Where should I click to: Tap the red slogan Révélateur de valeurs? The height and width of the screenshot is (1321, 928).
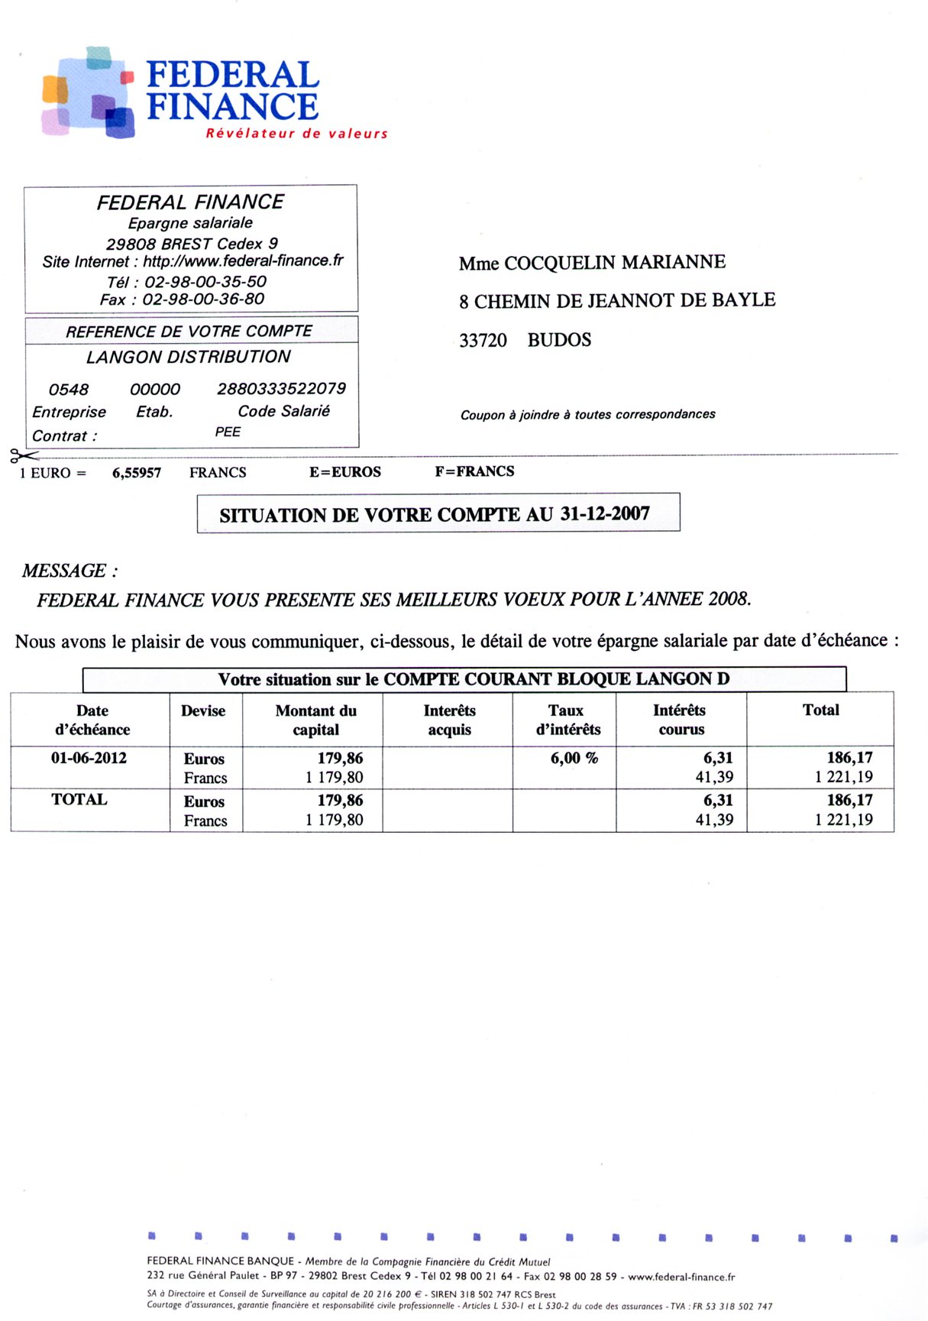(296, 134)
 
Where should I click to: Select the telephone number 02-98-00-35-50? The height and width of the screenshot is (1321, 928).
(205, 281)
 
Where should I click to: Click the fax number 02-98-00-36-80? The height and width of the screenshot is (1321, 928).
(203, 299)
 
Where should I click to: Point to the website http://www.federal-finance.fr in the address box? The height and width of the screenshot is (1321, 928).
(244, 261)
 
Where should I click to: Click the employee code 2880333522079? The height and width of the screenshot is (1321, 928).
(281, 389)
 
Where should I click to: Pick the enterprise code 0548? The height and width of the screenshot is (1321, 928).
(69, 390)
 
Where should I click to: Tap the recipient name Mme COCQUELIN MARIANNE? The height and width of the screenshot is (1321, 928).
(592, 263)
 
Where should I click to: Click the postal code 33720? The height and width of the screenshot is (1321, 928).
(483, 341)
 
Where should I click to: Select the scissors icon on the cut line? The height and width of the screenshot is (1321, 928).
(22, 457)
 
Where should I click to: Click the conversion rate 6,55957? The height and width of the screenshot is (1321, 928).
(137, 473)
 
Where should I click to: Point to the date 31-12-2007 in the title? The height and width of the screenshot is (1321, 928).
(605, 514)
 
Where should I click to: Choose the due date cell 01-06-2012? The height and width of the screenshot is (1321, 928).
(89, 759)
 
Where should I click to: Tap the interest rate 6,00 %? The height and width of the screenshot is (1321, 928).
(574, 759)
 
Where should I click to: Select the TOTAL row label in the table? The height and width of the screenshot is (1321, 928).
(79, 800)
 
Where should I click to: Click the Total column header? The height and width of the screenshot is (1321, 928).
(820, 711)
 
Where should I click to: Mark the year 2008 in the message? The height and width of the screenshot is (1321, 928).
(729, 599)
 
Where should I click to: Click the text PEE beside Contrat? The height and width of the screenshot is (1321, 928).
(228, 432)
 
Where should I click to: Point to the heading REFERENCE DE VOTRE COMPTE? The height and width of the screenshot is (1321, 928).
(189, 332)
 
